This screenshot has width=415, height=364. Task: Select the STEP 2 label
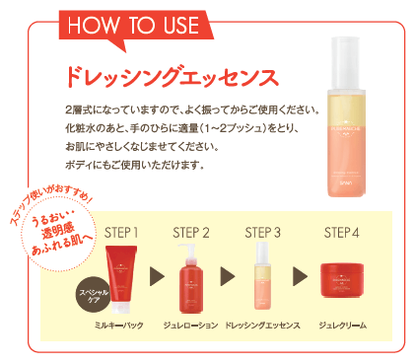[x=191, y=233]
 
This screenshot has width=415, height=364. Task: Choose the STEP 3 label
[x=263, y=233]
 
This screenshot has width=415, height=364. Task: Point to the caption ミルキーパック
[x=121, y=325]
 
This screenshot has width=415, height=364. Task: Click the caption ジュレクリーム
[x=342, y=325]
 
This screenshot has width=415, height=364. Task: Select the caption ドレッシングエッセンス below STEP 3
[x=263, y=325]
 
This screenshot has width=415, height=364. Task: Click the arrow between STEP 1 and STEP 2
[x=157, y=280]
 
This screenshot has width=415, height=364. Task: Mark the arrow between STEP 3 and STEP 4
[x=300, y=280]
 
